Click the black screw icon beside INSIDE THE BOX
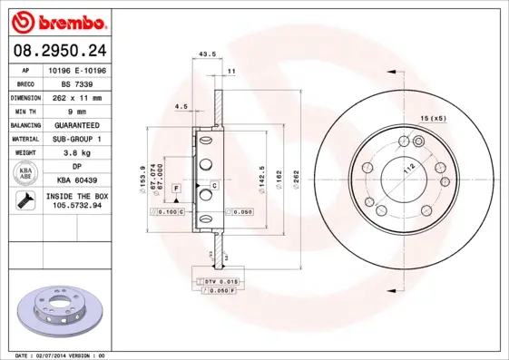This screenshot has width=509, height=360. point(24,201)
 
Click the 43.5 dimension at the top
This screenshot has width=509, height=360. point(207,54)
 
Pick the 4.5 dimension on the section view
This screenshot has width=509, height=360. point(181,107)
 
